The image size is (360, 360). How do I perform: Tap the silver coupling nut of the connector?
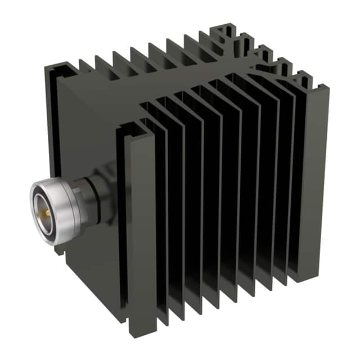[x=56, y=200]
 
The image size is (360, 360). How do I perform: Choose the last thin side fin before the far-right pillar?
[x=294, y=180]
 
